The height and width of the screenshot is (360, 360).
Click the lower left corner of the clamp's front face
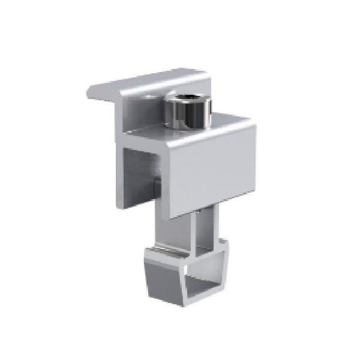point(172,217)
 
